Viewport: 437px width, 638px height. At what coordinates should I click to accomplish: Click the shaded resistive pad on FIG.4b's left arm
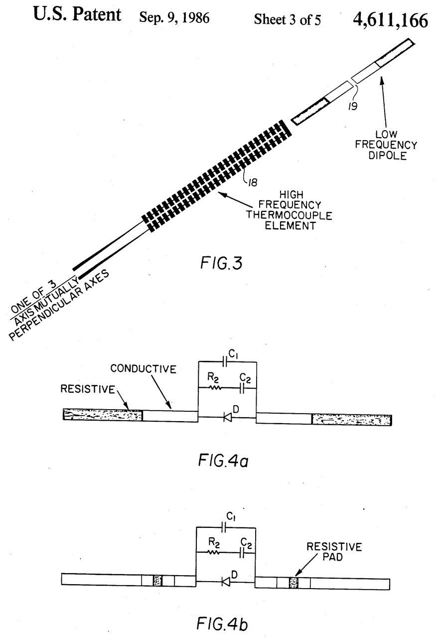[x=158, y=581]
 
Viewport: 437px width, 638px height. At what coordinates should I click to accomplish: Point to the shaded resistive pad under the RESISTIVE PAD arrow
[x=293, y=582]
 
